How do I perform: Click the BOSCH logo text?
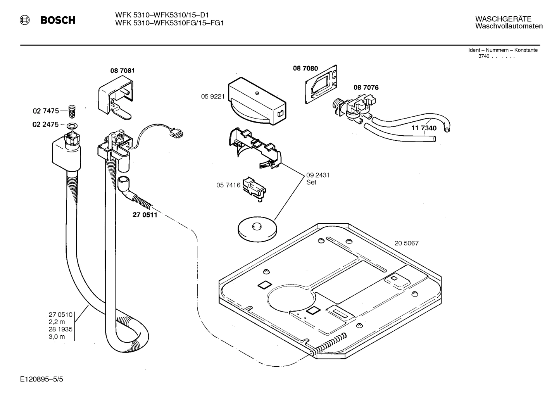tap(58, 20)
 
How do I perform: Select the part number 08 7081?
tap(122, 71)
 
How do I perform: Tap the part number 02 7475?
tap(46, 111)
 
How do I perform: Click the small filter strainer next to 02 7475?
tap(71, 110)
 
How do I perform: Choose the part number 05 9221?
tap(213, 97)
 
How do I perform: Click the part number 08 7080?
tap(305, 69)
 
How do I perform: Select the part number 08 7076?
tap(366, 88)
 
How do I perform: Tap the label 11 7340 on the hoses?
tap(424, 128)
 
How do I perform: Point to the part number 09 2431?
tap(317, 175)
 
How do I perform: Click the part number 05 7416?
tap(228, 186)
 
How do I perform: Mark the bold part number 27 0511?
tap(145, 215)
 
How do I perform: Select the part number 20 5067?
tap(406, 243)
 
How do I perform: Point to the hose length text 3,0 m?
tap(57, 336)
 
